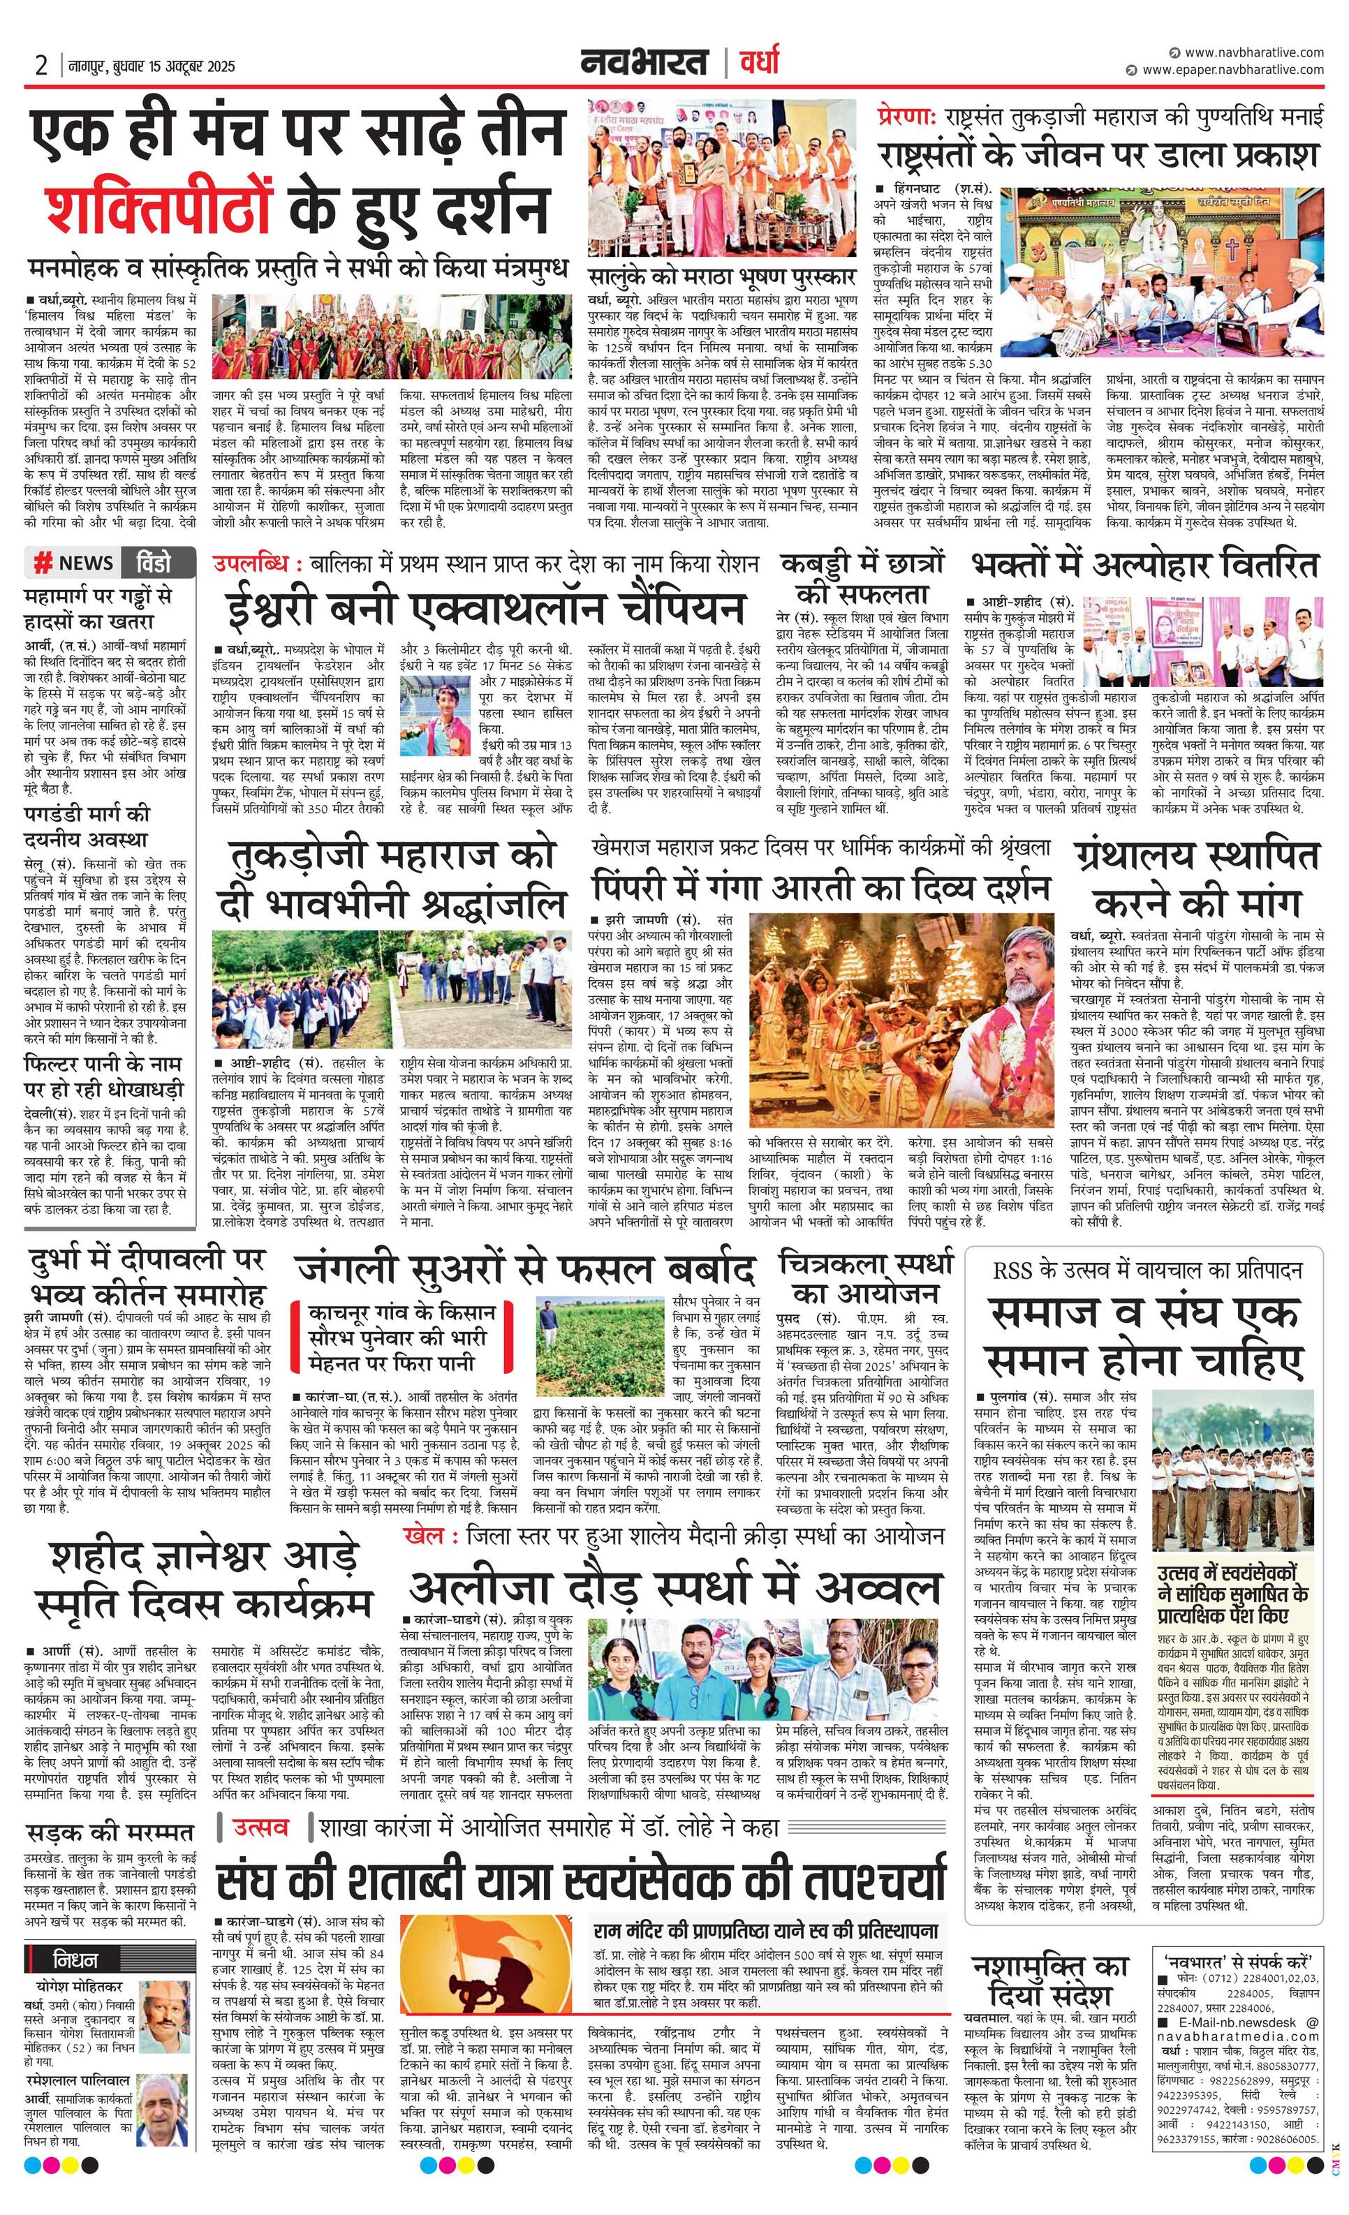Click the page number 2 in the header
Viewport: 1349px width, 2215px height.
(40, 65)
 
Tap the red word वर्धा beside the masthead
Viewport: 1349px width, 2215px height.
(758, 63)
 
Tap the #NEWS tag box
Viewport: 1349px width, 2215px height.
(74, 563)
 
